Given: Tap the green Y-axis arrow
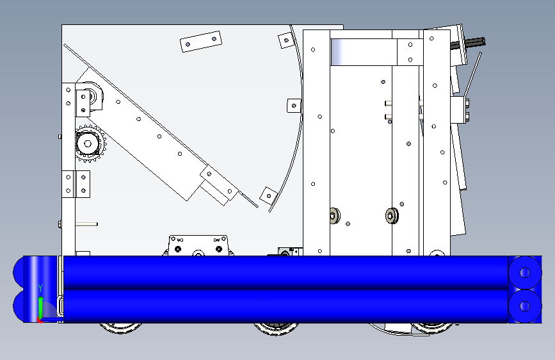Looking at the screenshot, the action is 41,308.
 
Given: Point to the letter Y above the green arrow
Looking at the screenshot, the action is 40,288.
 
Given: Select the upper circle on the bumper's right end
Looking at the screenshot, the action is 524,273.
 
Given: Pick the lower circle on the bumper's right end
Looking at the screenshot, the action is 524,306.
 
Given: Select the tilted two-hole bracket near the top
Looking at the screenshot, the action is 201,42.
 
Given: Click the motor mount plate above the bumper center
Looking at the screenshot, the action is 198,245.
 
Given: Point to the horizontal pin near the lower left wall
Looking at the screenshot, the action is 86,224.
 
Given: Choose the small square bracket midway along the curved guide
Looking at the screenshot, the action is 294,106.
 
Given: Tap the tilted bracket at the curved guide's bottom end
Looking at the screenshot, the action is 269,195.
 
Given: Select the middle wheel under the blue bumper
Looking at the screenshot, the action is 277,328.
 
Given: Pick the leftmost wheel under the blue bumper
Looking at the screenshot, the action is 121,328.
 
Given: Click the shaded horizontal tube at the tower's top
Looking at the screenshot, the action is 364,52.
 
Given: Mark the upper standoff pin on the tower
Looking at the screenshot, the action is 389,104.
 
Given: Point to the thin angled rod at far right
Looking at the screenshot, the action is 472,74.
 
